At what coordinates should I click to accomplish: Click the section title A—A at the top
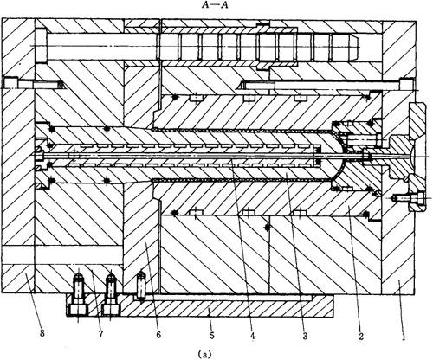[215, 5]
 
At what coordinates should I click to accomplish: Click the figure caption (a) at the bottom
[205, 354]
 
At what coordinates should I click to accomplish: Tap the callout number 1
[404, 337]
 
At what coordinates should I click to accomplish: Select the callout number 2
[361, 336]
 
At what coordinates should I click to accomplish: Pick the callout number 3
[305, 336]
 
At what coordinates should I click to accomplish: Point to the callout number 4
[252, 336]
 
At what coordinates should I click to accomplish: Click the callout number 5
[212, 336]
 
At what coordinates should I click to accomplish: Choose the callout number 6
[158, 335]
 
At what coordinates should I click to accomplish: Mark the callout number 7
[100, 335]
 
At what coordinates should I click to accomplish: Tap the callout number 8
[42, 334]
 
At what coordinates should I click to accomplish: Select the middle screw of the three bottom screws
[111, 288]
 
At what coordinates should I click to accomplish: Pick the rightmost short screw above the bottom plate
[141, 286]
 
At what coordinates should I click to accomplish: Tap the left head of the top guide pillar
[41, 45]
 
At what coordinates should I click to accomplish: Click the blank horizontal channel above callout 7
[62, 255]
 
